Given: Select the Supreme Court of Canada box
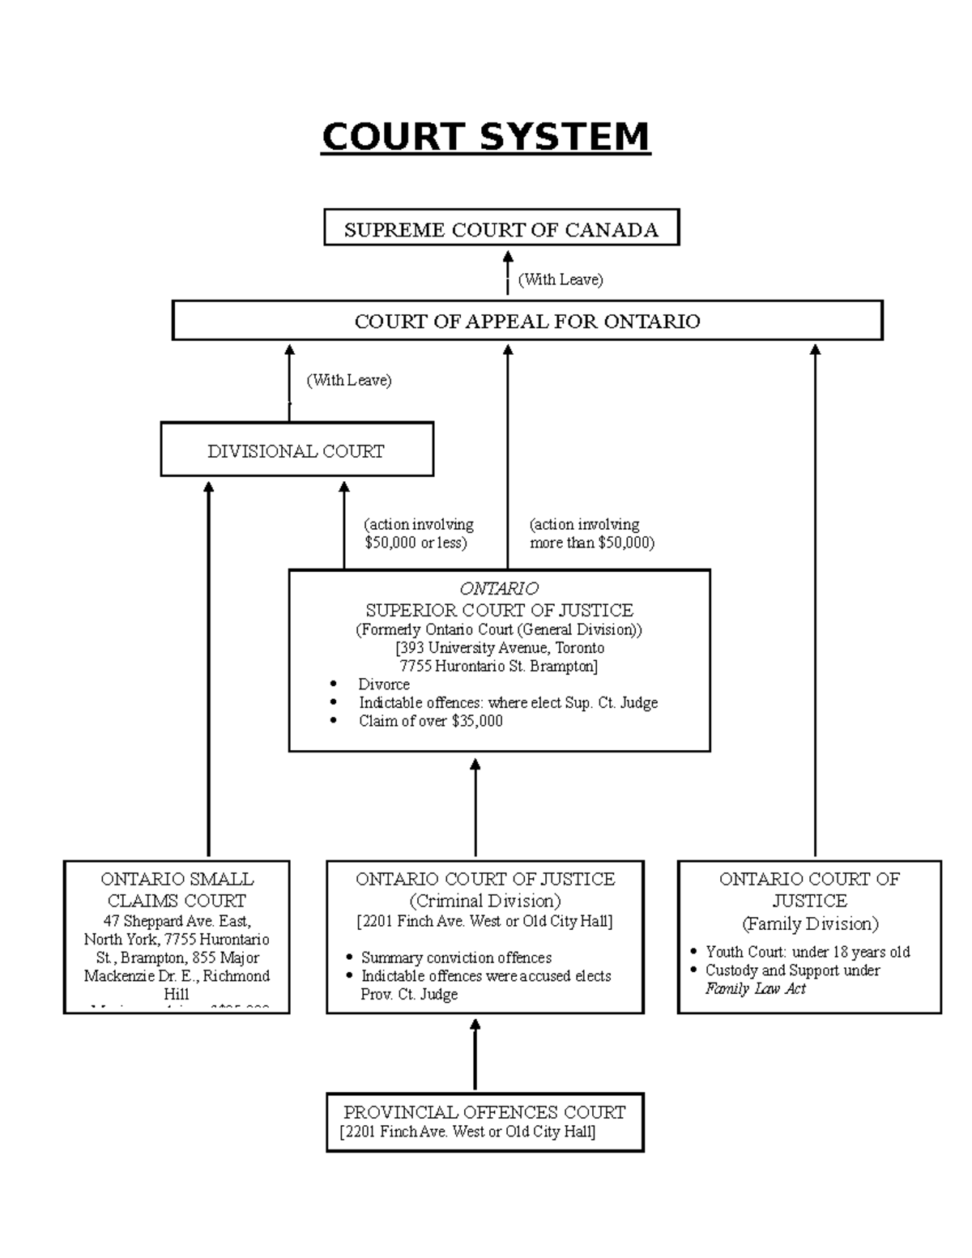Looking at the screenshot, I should [x=501, y=229].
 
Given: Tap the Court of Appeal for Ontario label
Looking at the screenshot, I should [x=527, y=322].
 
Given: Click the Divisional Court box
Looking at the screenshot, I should [x=296, y=450].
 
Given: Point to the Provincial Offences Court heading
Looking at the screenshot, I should [x=484, y=1112].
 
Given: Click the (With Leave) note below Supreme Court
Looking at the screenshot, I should [x=561, y=279].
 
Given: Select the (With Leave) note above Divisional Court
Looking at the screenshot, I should [x=348, y=380].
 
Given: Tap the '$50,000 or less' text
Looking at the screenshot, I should [x=416, y=543].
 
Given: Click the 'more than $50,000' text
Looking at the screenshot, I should [x=591, y=543].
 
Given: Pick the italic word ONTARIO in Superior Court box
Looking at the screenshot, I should [x=499, y=588].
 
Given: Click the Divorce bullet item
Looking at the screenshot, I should [x=384, y=684].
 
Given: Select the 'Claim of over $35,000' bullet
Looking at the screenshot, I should [x=430, y=721].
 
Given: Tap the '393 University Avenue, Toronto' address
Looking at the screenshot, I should [x=500, y=648].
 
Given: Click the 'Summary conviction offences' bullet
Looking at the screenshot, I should [x=456, y=957].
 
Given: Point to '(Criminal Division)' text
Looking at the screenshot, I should [x=484, y=901].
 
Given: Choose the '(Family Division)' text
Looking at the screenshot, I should [x=810, y=923].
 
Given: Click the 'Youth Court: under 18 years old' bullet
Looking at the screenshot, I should [x=808, y=952].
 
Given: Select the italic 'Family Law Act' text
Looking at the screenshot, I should [x=755, y=988].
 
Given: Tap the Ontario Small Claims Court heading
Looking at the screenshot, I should [x=177, y=889].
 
